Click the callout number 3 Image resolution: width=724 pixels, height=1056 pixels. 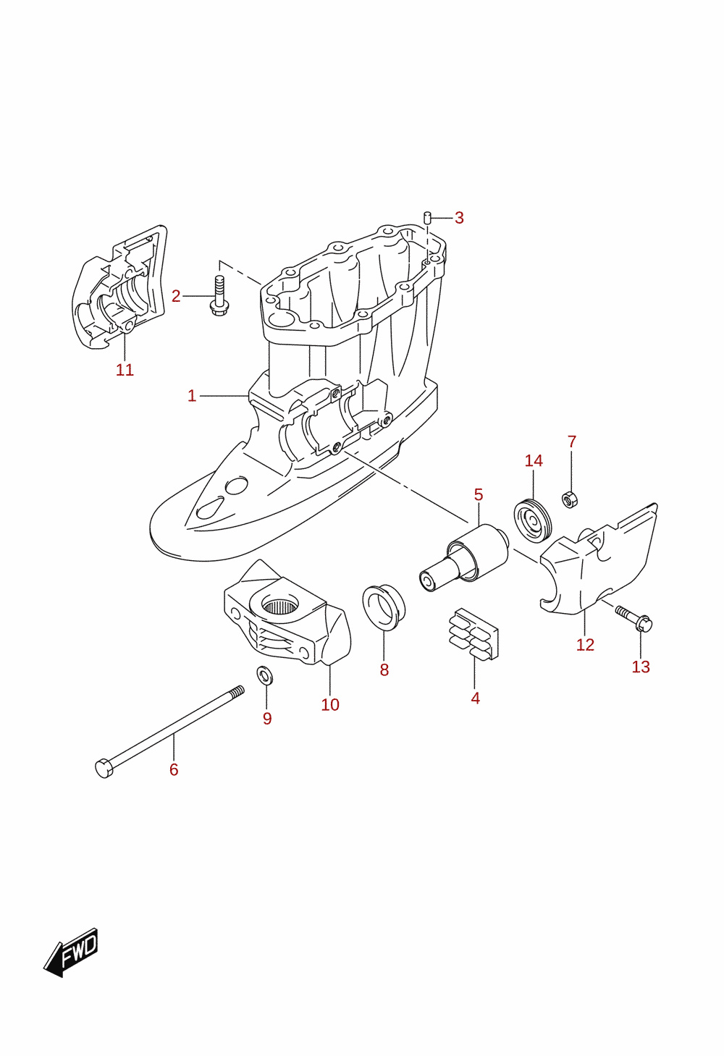459,218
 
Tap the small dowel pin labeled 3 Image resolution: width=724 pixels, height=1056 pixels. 427,219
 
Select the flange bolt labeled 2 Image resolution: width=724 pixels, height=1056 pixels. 219,295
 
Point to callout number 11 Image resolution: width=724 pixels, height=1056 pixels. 125,370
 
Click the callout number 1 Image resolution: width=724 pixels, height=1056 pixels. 191,396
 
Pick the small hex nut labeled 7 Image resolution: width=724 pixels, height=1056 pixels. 570,499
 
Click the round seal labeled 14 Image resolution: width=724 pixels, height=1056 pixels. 532,520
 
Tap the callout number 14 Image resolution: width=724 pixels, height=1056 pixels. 534,460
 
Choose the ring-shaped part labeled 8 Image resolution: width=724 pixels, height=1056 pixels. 383,607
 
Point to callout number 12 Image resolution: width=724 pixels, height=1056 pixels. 585,645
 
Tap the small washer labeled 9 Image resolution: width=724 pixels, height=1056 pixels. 264,675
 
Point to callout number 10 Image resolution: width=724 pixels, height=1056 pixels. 330,705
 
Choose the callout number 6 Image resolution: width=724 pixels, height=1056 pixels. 174,770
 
